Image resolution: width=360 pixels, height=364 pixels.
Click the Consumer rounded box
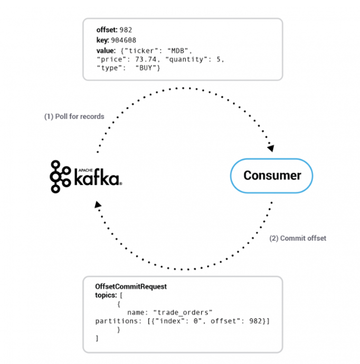click(x=272, y=175)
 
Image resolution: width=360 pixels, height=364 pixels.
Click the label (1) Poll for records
click(x=74, y=116)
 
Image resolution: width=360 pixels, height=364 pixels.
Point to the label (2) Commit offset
click(x=298, y=238)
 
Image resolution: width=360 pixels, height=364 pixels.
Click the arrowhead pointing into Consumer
click(x=271, y=148)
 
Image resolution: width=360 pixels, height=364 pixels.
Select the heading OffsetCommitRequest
click(x=131, y=286)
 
